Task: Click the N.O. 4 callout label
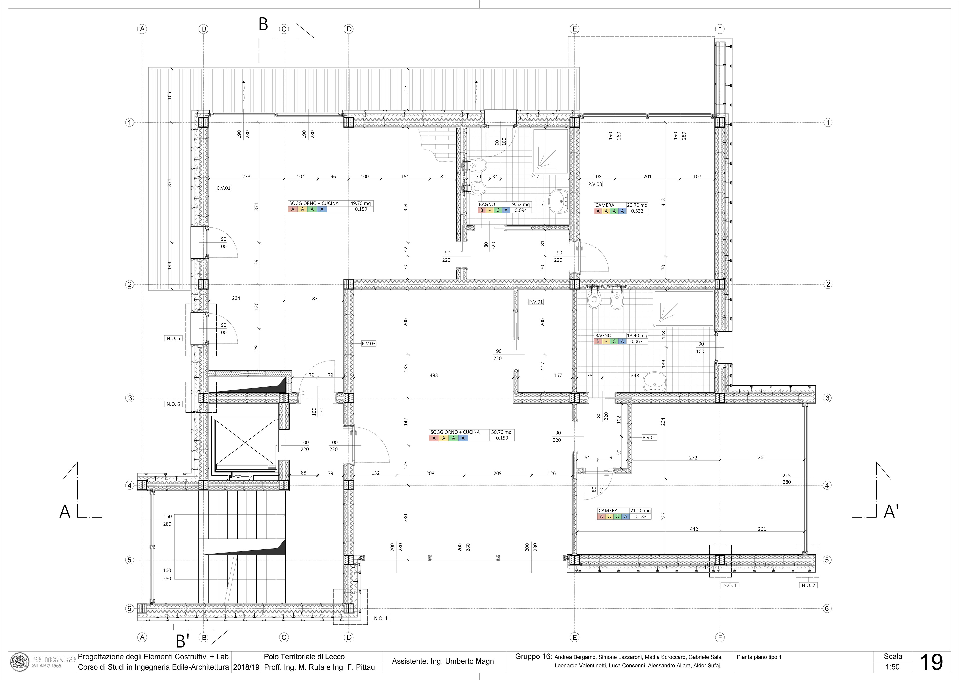[381, 618]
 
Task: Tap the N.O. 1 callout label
[730, 585]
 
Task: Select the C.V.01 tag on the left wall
[223, 188]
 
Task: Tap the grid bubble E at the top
[575, 29]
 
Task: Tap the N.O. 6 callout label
[173, 404]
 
